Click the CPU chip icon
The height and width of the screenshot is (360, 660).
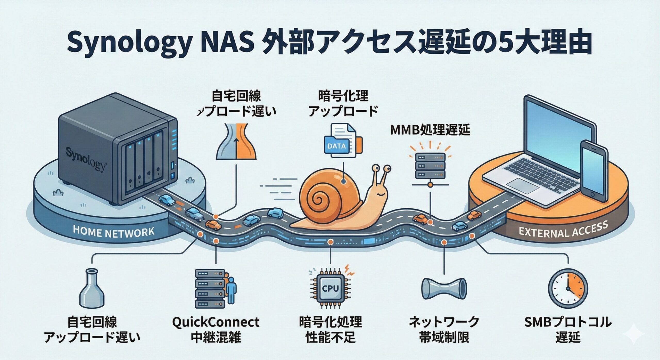330,288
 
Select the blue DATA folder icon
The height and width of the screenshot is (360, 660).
336,146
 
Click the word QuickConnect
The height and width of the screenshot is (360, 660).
216,322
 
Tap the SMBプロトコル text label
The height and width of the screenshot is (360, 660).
568,322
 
